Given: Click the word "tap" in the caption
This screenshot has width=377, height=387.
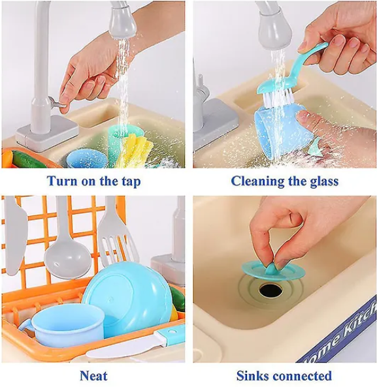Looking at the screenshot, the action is pos(131,182).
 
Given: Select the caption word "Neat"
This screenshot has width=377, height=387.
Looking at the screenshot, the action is pos(93,376).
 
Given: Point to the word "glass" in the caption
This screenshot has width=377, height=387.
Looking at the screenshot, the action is pos(324,181).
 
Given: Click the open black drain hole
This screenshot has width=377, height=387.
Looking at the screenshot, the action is pos(270,290).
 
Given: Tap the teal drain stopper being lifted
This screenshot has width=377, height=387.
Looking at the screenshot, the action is pos(273,270).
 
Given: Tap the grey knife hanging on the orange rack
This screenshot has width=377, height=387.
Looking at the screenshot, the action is pos(15,237).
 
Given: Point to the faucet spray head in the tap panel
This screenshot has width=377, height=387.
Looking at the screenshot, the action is pos(122,23).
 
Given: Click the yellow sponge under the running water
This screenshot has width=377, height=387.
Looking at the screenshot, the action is pos(135,151).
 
